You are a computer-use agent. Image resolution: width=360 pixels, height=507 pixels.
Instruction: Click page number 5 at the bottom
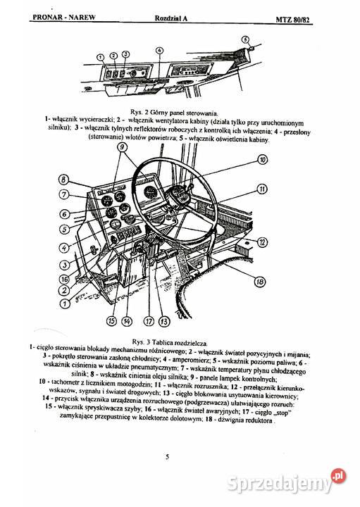coord(167,457)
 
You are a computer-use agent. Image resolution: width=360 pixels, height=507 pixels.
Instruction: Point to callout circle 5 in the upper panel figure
coord(245,39)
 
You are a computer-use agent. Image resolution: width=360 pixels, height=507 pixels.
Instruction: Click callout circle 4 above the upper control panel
coord(161,51)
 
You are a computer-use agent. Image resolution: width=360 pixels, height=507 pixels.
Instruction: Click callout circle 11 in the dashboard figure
coord(261,189)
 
